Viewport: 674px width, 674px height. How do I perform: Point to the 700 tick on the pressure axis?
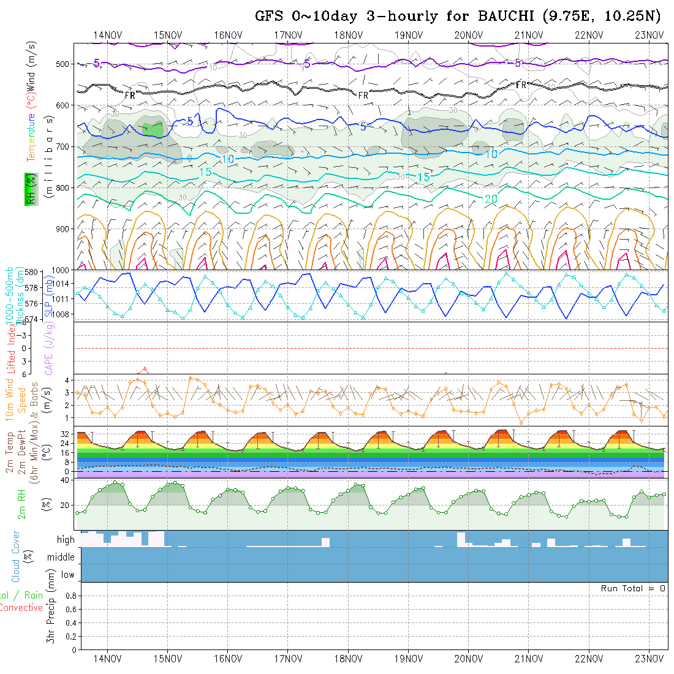point(62,146)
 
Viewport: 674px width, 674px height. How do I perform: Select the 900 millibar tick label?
point(62,229)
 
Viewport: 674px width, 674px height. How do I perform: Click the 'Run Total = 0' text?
point(633,588)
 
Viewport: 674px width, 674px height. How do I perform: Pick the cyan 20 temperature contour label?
point(491,199)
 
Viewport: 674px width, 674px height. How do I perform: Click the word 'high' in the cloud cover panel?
point(66,540)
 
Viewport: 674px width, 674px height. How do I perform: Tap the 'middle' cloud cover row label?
point(61,557)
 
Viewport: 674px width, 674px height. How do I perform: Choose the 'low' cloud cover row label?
point(67,574)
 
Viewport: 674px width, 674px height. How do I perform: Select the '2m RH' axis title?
point(22,504)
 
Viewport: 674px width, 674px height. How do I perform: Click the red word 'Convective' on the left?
point(21,608)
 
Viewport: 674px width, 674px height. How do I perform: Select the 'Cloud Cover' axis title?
point(16,556)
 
